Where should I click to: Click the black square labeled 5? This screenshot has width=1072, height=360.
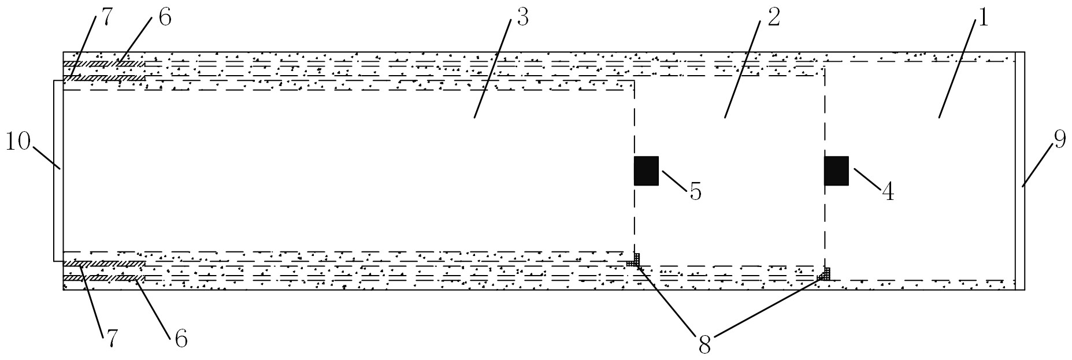[x=646, y=170]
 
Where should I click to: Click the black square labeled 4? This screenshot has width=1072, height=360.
[x=836, y=170]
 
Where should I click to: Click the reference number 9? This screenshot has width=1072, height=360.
[x=1059, y=140]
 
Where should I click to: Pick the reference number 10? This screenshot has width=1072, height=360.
[x=17, y=142]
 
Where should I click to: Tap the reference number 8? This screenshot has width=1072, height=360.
[x=704, y=345]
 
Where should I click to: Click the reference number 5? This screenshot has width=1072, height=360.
[x=695, y=192]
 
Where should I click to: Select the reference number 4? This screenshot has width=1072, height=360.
[x=888, y=192]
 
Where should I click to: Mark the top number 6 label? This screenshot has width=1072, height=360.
[x=164, y=17]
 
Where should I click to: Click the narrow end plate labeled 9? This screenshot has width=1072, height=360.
[x=1020, y=170]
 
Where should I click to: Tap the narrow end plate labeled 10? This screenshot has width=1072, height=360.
[x=58, y=170]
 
